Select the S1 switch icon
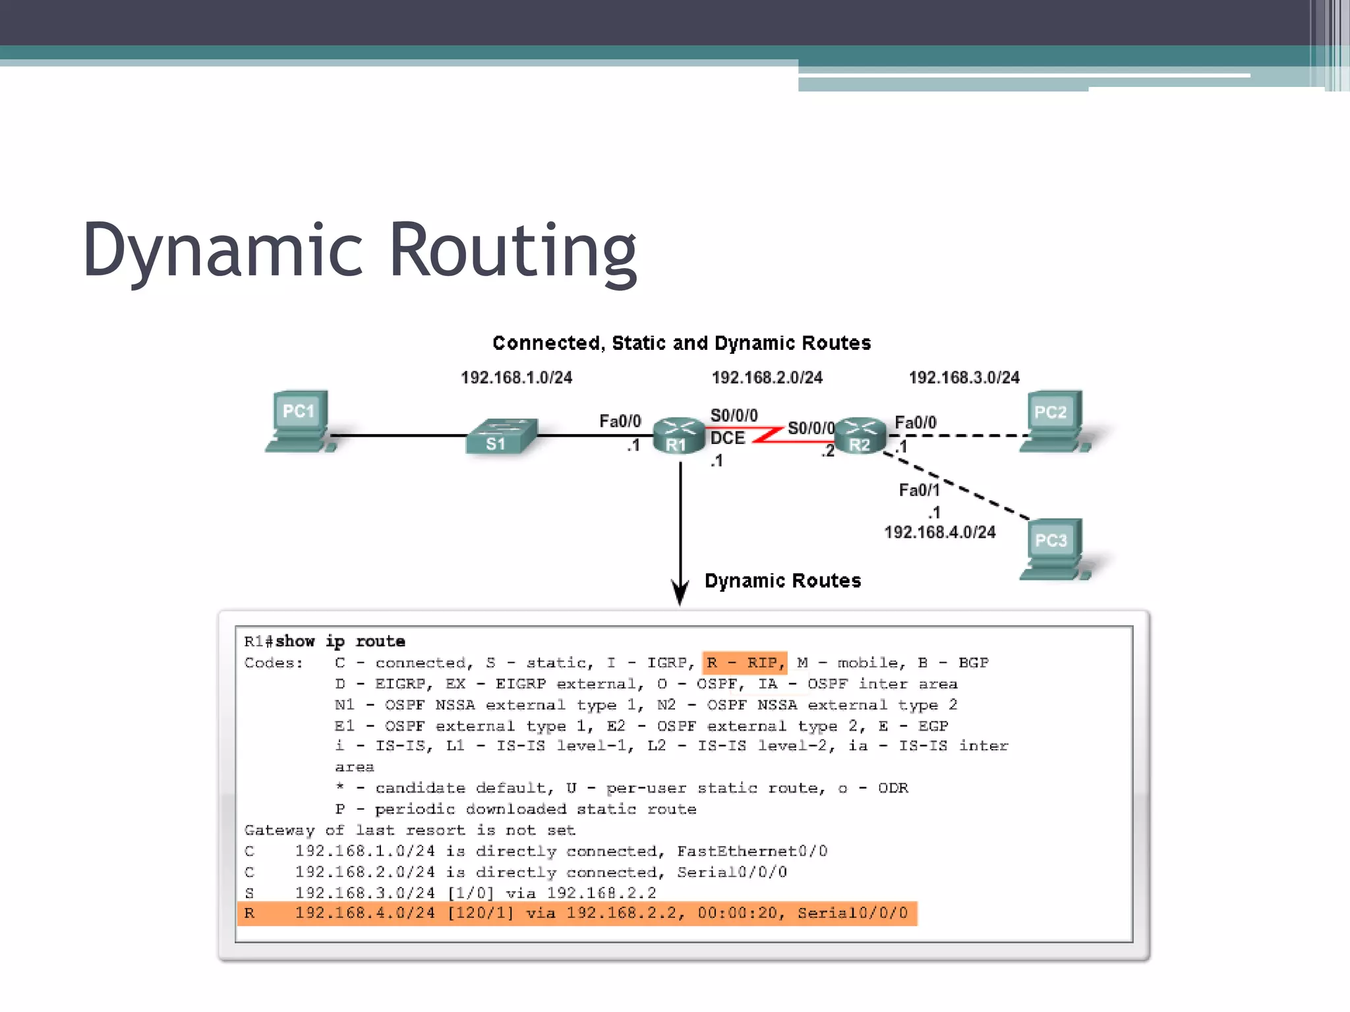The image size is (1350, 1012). pos(500,436)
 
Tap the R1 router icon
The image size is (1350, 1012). pos(678,436)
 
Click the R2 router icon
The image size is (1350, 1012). pos(860,436)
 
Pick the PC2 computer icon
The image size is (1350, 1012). pos(1052,420)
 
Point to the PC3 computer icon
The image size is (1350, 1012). pos(1052,549)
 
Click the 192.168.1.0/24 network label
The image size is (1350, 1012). pos(516,378)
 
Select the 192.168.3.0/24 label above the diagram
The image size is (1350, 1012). pos(964,378)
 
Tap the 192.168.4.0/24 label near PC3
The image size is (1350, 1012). pos(939,532)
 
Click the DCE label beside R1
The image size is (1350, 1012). pos(727,438)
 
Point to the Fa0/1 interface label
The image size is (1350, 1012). pos(919,490)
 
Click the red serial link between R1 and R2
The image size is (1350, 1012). pos(769,434)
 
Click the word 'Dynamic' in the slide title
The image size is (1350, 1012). pos(223,250)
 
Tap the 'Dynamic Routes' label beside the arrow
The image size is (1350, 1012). pos(782,580)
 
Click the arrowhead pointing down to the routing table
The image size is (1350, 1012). pos(680,593)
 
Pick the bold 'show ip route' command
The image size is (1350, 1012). pos(340,641)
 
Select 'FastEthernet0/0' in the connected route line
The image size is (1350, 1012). pos(752,851)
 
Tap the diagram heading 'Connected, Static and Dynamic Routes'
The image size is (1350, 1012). pos(682,343)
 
